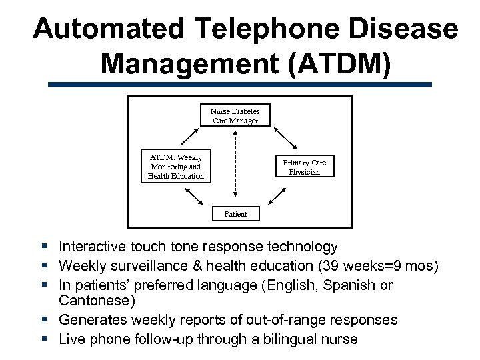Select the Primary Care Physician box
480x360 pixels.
coord(304,167)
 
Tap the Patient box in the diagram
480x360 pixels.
coord(235,214)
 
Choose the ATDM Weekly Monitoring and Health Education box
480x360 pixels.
coord(175,167)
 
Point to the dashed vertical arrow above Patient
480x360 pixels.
coord(235,167)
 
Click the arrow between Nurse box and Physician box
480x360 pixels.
coord(287,138)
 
